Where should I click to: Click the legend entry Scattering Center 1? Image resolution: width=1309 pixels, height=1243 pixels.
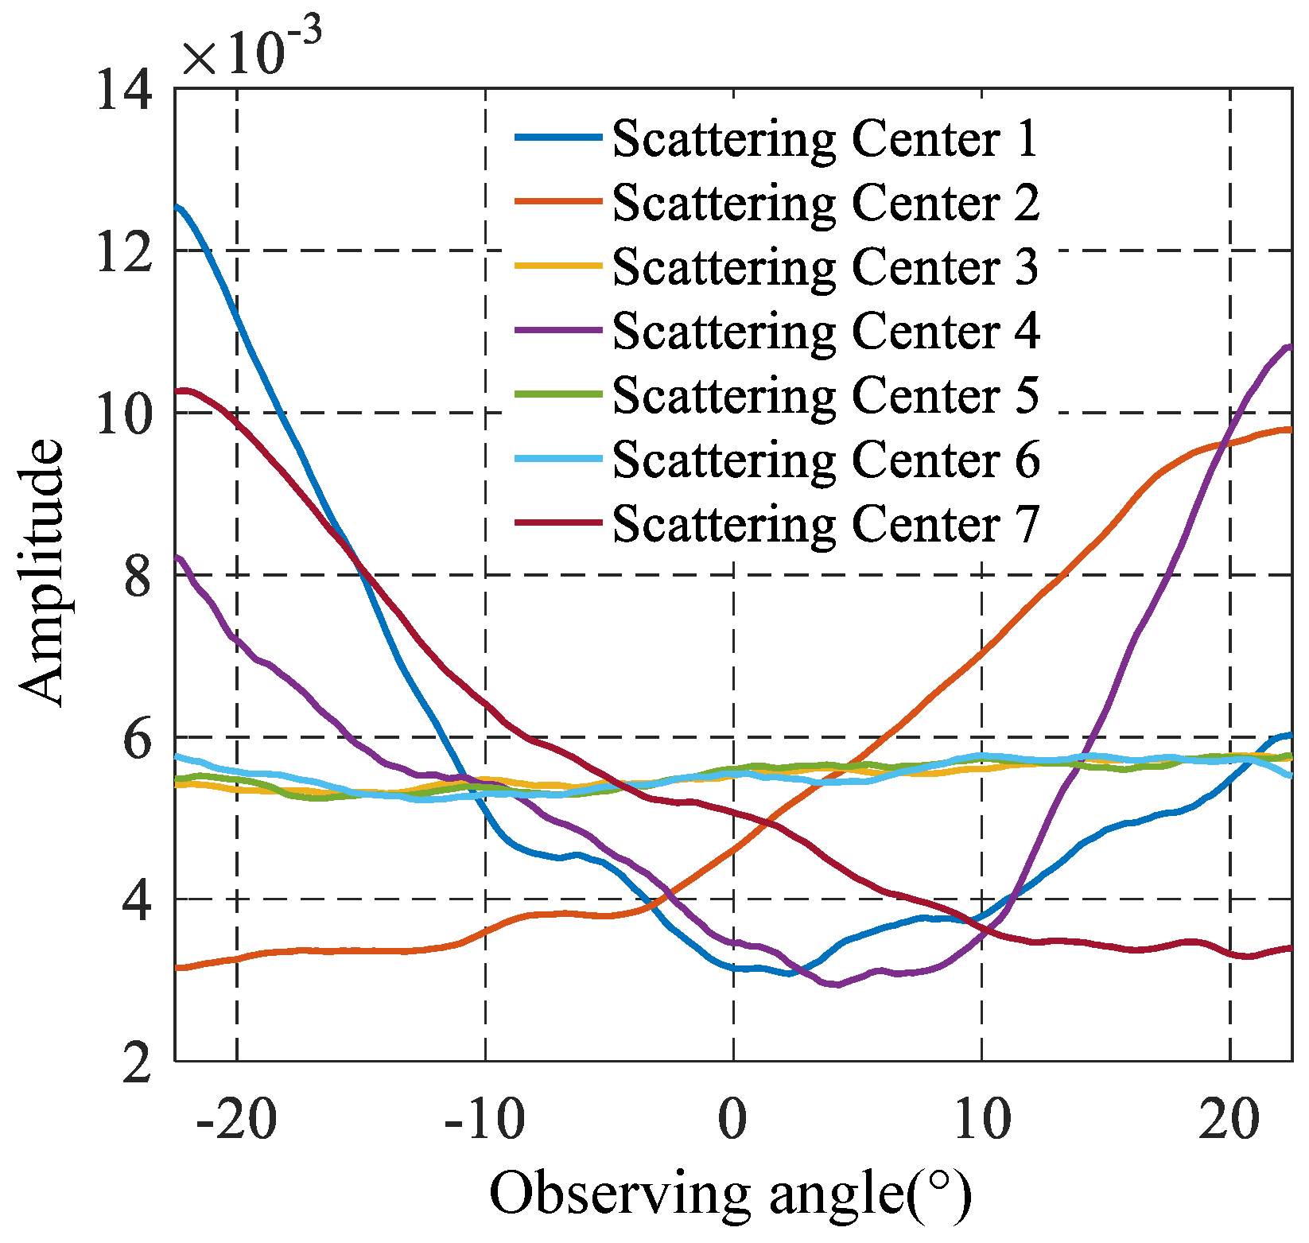(825, 138)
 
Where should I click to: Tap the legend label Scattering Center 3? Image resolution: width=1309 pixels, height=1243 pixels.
(825, 266)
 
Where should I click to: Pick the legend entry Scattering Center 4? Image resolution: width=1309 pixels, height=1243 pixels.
(825, 330)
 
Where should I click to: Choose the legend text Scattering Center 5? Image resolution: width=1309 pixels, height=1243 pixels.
(825, 394)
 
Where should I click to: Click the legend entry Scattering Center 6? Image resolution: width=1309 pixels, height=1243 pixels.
(825, 459)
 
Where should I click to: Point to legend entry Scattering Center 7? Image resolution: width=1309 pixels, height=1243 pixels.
(825, 523)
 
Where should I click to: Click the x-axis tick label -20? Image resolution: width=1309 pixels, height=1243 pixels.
(236, 1119)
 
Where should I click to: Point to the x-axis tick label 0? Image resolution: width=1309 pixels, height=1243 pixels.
(732, 1119)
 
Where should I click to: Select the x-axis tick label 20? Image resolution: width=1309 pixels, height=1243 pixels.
(1229, 1119)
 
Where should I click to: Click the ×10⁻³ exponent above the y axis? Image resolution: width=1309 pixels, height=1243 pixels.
(251, 51)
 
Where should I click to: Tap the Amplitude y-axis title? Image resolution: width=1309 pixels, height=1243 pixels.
(41, 573)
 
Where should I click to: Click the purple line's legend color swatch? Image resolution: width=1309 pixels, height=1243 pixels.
(557, 330)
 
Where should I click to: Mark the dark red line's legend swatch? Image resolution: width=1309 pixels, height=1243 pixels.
(557, 523)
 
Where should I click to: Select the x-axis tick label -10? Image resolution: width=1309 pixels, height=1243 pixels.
(484, 1119)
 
